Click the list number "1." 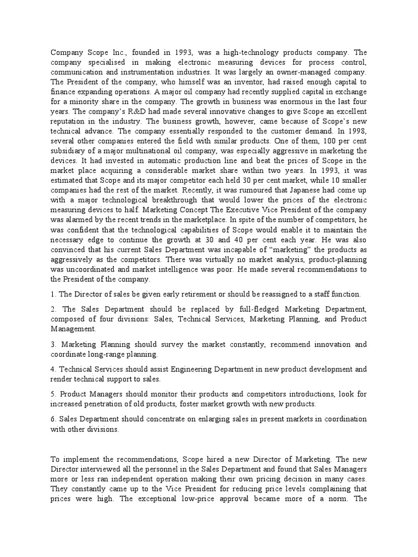click(x=53, y=294)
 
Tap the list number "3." click(x=53, y=344)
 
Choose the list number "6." click(x=53, y=419)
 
